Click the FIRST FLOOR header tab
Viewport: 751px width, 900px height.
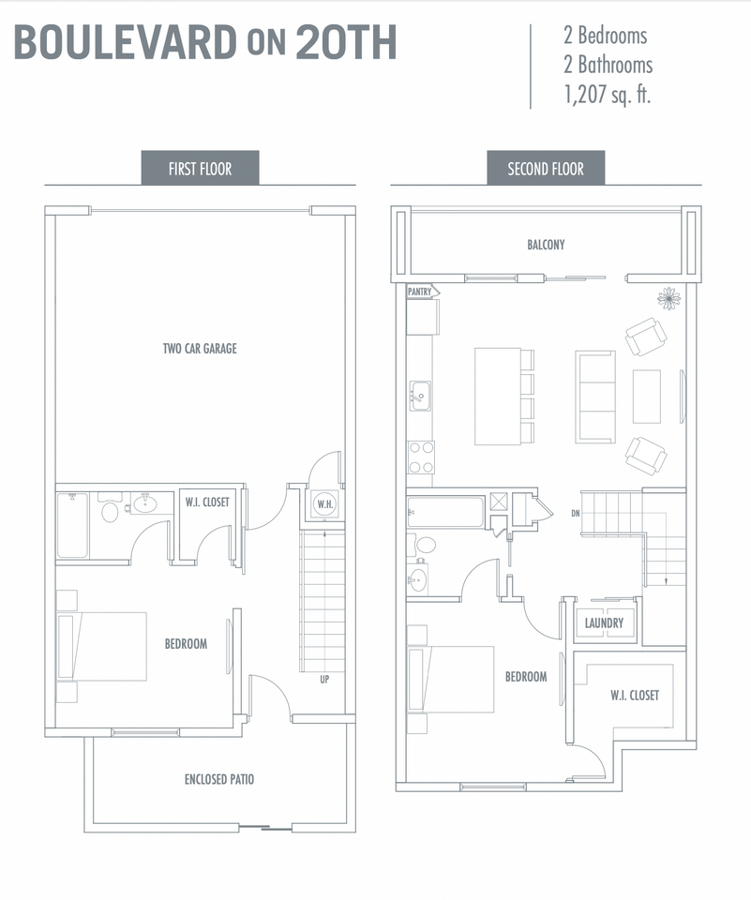(200, 168)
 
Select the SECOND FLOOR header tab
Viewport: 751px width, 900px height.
(546, 168)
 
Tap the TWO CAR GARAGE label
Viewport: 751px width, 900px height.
(200, 349)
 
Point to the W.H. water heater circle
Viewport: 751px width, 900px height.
(325, 504)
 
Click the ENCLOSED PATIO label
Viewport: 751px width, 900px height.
(219, 779)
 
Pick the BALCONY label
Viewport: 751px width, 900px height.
(546, 245)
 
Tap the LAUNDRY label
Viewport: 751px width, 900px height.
(604, 622)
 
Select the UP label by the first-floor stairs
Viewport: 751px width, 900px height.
(324, 680)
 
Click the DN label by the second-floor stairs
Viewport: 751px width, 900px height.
(576, 513)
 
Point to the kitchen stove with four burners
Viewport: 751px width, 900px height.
(421, 457)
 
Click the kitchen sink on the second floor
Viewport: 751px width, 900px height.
(420, 396)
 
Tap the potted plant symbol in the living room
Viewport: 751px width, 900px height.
(668, 298)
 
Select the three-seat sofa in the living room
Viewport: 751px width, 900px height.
(595, 397)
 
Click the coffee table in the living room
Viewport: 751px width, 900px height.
(647, 397)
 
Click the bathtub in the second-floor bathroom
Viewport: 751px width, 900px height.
(445, 512)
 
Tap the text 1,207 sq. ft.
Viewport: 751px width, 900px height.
(608, 94)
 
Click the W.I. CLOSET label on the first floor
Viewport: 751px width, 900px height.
(207, 502)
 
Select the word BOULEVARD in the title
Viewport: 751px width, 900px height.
(126, 42)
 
